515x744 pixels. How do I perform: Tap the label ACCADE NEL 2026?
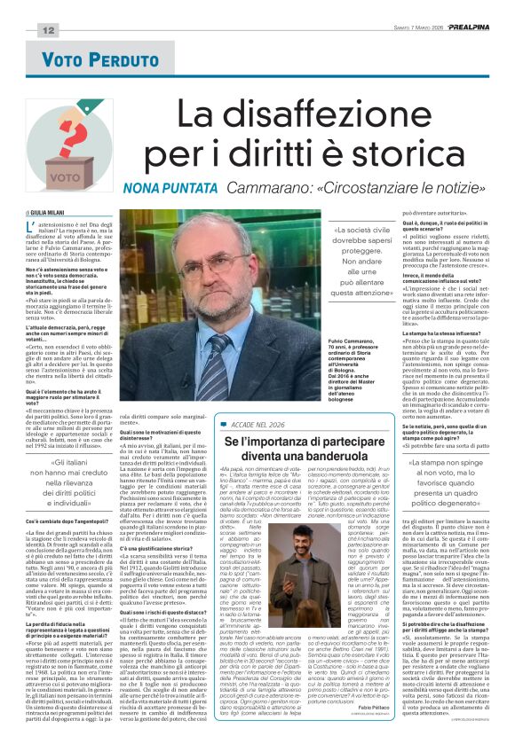click(257, 425)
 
